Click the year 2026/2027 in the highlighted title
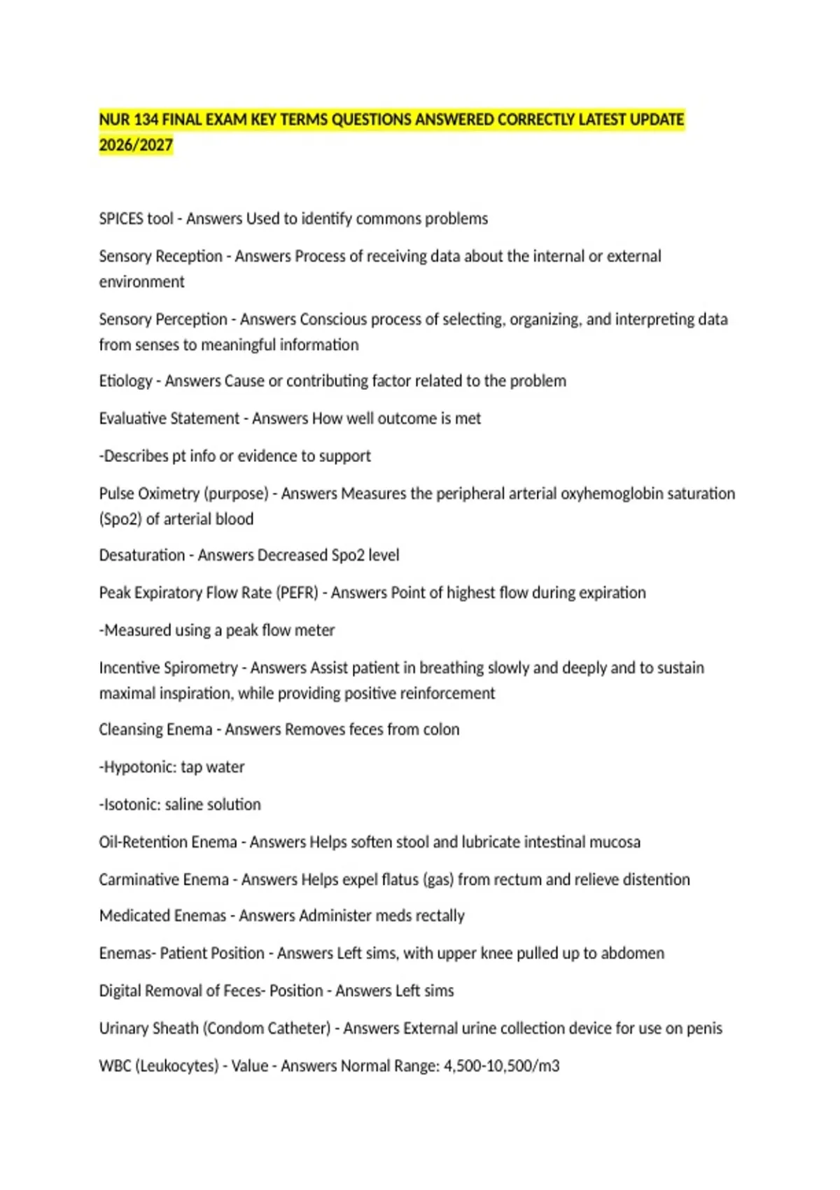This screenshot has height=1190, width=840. coord(136,145)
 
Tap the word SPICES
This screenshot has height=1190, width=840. coord(121,219)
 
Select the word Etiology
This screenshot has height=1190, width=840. coord(125,381)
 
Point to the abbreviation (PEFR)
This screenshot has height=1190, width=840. coord(297,593)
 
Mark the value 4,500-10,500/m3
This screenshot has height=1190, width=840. coord(501,1066)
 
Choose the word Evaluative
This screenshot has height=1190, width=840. coord(132,419)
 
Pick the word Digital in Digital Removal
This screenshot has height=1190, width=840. coord(121,991)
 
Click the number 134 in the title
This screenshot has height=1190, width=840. coord(146,120)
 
